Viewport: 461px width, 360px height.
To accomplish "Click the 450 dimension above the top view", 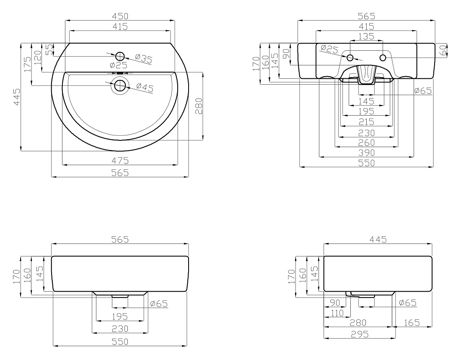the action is coord(120,16).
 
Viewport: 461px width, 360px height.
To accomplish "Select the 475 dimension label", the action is coord(120,161).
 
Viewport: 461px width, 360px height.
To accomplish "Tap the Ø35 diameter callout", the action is coord(144,59).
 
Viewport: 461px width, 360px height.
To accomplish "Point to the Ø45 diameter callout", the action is coord(145,87).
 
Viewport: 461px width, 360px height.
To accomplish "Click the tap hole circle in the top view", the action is coord(120,56).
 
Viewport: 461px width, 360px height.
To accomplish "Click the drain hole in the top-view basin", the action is coord(120,86).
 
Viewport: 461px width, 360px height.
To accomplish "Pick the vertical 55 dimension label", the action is coord(50,49).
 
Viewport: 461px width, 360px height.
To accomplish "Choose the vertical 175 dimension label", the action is coord(27,64).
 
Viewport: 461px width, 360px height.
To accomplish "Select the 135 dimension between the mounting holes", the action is coord(366,36).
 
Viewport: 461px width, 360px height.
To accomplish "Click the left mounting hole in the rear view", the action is coord(350,58).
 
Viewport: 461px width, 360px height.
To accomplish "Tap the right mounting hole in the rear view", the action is coord(383,58).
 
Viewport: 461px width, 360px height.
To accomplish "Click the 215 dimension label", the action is coord(366,122).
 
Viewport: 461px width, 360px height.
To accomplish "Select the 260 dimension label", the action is coord(366,142).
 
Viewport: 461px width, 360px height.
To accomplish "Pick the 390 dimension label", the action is coord(366,153).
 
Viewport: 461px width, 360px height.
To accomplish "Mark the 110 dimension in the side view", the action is coord(337,313).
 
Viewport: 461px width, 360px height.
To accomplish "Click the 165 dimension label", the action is coord(412,323).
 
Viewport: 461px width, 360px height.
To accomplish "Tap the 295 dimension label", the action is coord(360,334).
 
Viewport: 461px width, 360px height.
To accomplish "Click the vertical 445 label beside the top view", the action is coord(17,97).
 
